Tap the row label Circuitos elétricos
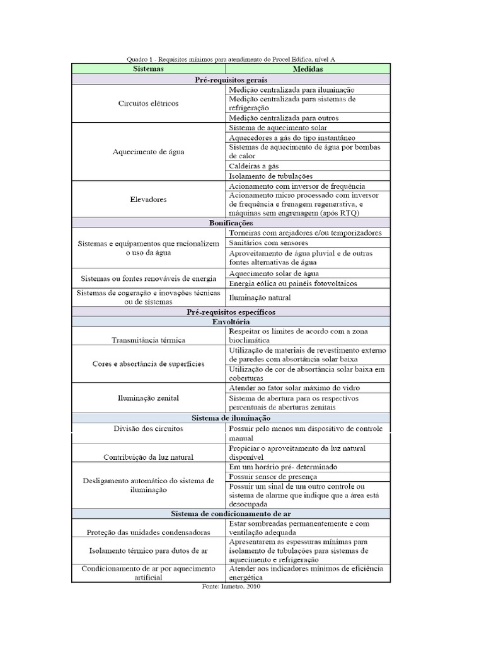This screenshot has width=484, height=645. [148, 103]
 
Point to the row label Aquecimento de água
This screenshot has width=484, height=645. [148, 152]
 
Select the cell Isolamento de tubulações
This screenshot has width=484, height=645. [271, 176]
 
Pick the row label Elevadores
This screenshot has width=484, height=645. [148, 199]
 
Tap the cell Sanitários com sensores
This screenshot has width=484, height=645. [268, 243]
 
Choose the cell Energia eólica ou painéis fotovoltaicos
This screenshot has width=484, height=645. [290, 283]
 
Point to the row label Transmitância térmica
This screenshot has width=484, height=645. [148, 340]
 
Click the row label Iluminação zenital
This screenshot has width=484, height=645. [148, 397]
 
